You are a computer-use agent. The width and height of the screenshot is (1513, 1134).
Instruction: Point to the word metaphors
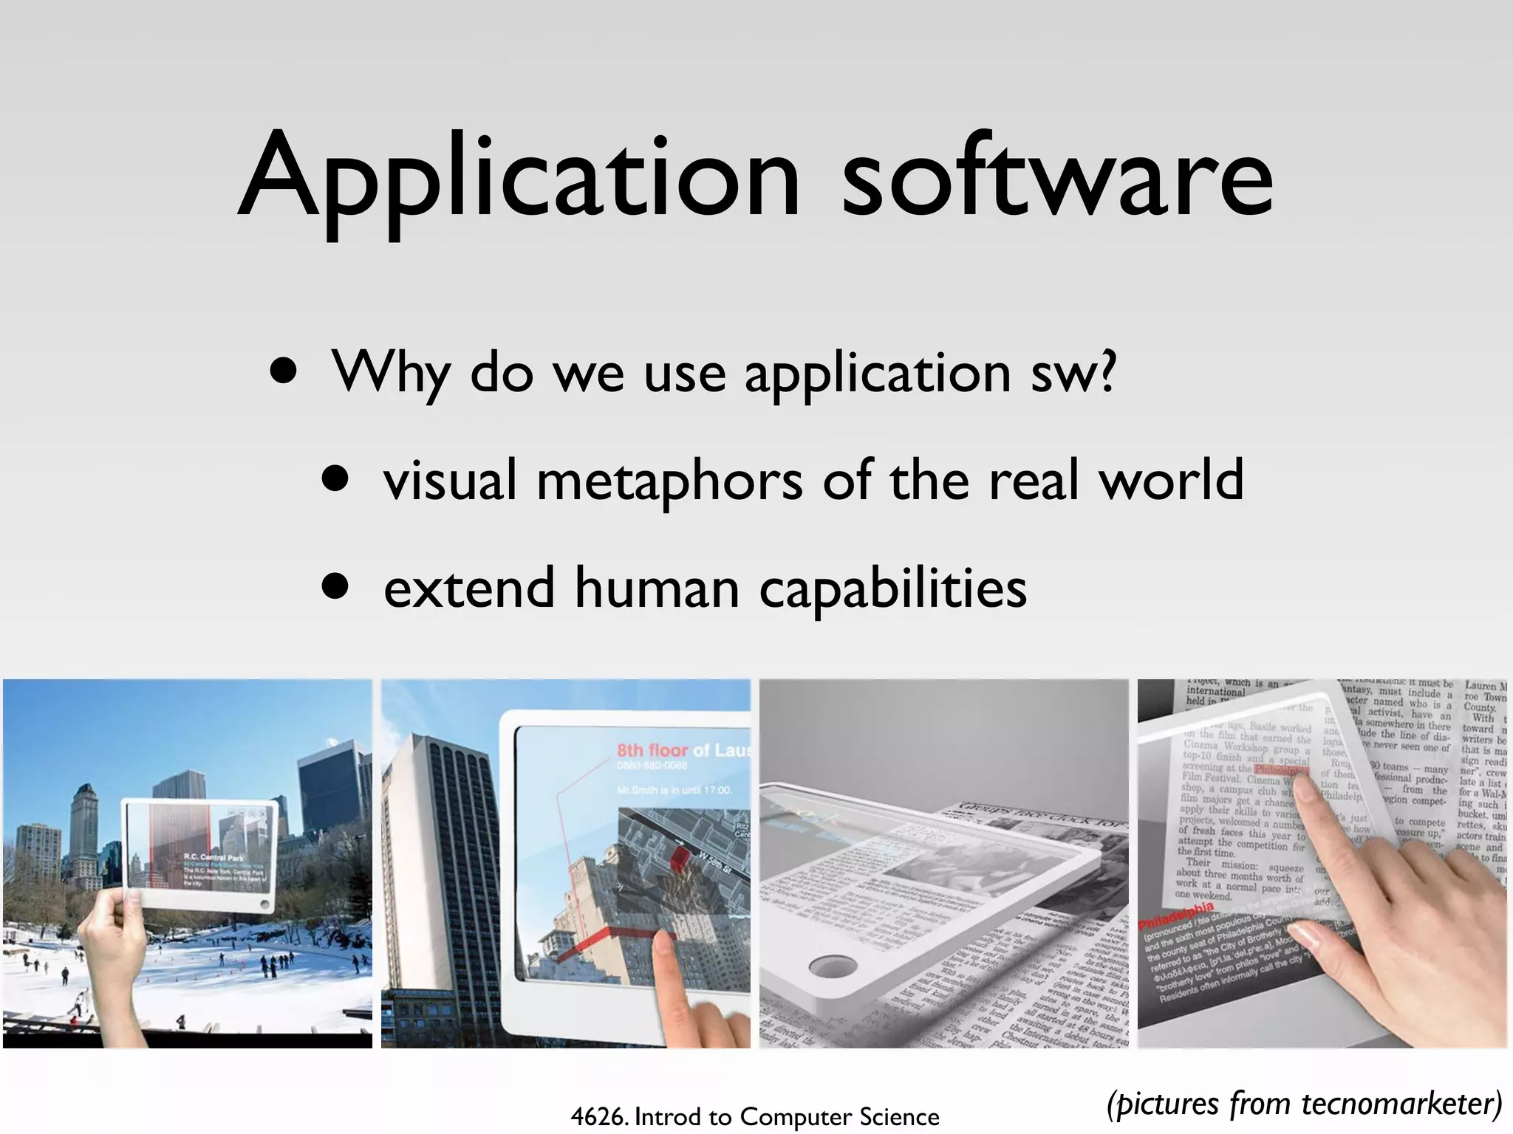coord(669,480)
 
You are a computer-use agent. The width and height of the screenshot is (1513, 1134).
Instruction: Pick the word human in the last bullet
coord(657,588)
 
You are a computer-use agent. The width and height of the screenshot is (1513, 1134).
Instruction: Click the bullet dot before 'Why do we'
coord(284,371)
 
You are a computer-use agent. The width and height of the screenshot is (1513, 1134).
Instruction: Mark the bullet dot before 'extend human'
coord(335,587)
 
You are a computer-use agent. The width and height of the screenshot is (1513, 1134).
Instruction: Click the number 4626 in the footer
coord(598,1117)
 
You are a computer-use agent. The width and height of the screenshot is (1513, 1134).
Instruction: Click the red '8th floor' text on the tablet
coord(652,751)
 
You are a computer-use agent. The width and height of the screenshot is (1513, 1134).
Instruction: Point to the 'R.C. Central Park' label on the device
coord(214,857)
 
